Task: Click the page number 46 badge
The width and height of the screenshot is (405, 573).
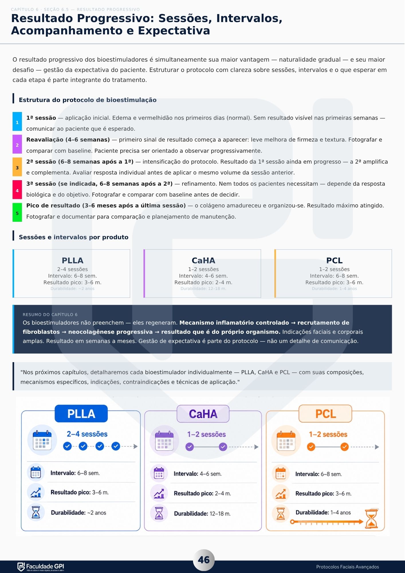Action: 204,560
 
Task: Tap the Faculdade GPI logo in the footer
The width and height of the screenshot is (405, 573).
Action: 41,567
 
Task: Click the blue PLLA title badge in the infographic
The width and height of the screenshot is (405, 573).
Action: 81,413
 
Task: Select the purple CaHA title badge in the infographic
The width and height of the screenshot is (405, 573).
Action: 203,414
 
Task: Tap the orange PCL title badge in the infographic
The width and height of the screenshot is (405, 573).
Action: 325,414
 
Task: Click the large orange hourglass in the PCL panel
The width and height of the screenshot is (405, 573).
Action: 372,518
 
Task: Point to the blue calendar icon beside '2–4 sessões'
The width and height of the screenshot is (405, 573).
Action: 42,440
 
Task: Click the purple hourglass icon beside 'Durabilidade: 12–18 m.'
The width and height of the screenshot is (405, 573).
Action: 159,513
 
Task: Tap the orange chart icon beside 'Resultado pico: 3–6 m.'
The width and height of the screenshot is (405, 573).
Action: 281,493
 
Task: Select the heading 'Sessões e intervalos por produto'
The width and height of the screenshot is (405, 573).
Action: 74,237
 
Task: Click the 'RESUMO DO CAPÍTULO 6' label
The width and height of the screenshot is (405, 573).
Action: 50,315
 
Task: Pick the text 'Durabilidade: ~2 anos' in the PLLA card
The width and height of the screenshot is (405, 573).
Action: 72,289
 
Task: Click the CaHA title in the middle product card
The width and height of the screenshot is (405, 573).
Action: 203,260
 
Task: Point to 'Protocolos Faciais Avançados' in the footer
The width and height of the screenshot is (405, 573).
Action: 347,567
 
